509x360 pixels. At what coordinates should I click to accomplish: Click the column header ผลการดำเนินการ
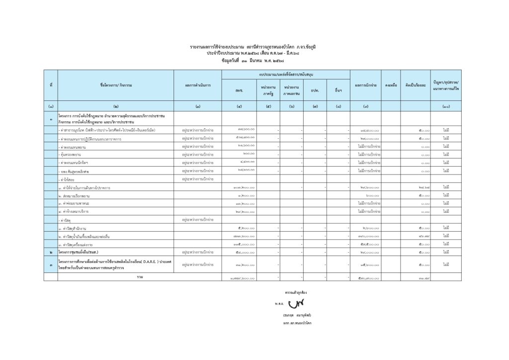198,85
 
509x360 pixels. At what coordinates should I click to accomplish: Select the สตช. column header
239,90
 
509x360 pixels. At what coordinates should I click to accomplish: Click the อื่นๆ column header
339,90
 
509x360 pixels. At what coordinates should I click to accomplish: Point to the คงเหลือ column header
390,85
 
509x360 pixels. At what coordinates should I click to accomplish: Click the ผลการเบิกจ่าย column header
366,85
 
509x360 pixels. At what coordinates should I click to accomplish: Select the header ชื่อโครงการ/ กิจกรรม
116,85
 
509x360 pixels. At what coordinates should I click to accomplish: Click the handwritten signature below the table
297,303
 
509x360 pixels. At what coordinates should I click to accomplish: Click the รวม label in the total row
139,276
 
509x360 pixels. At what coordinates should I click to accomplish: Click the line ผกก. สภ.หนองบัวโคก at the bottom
297,324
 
